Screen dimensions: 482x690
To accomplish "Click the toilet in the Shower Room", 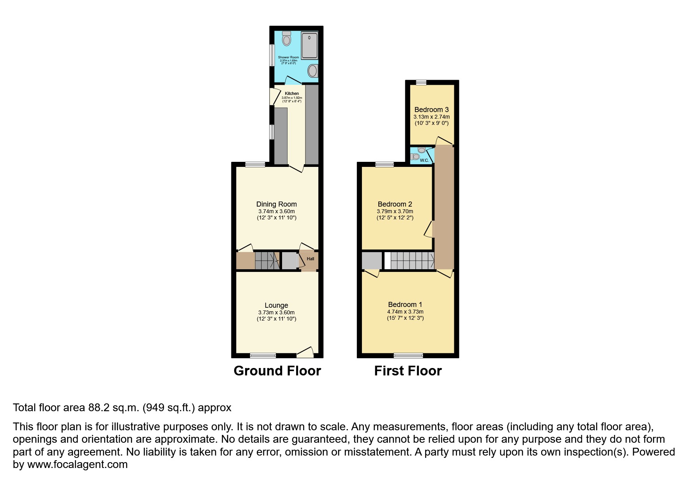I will (287, 39).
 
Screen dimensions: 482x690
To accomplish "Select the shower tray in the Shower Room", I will (310, 46).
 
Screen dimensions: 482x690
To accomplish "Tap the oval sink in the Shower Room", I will (312, 71).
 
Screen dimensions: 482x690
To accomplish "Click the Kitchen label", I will (292, 93).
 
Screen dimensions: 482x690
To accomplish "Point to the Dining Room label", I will (276, 204).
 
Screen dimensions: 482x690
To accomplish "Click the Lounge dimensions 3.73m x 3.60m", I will (276, 312).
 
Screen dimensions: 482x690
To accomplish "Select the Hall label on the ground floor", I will (311, 259).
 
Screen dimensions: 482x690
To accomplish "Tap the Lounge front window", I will (263, 355).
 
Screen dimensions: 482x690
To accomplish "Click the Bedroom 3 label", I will (431, 110).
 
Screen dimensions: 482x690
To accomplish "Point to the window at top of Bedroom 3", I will (421, 82).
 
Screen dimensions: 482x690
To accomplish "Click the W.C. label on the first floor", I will (424, 160).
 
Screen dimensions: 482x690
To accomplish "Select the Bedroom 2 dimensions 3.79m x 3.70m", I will (395, 211).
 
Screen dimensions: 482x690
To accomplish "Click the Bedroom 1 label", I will (405, 305).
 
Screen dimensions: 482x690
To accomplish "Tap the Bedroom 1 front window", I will (408, 355).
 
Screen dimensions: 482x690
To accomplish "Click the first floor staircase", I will (412, 261).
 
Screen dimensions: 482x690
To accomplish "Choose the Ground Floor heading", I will (277, 371).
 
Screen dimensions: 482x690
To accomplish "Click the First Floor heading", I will (408, 371).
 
